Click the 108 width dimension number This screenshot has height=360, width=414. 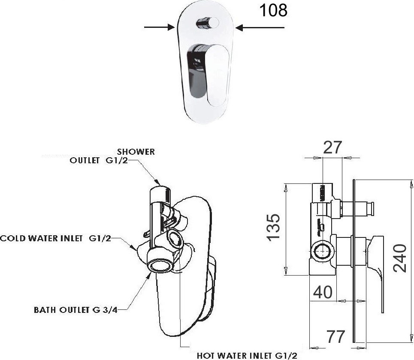coord(273,10)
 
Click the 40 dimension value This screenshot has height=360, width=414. coord(323,292)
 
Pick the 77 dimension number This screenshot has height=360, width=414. coord(335,337)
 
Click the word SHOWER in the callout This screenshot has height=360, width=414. coord(136,152)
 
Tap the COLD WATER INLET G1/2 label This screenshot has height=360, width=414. coord(55,238)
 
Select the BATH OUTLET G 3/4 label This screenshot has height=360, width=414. coord(76,310)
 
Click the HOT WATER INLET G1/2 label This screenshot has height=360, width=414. coord(247,355)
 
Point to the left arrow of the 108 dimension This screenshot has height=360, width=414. coord(159,28)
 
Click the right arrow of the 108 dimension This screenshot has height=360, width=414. coord(260,28)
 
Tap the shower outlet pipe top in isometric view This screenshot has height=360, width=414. coord(160,191)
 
